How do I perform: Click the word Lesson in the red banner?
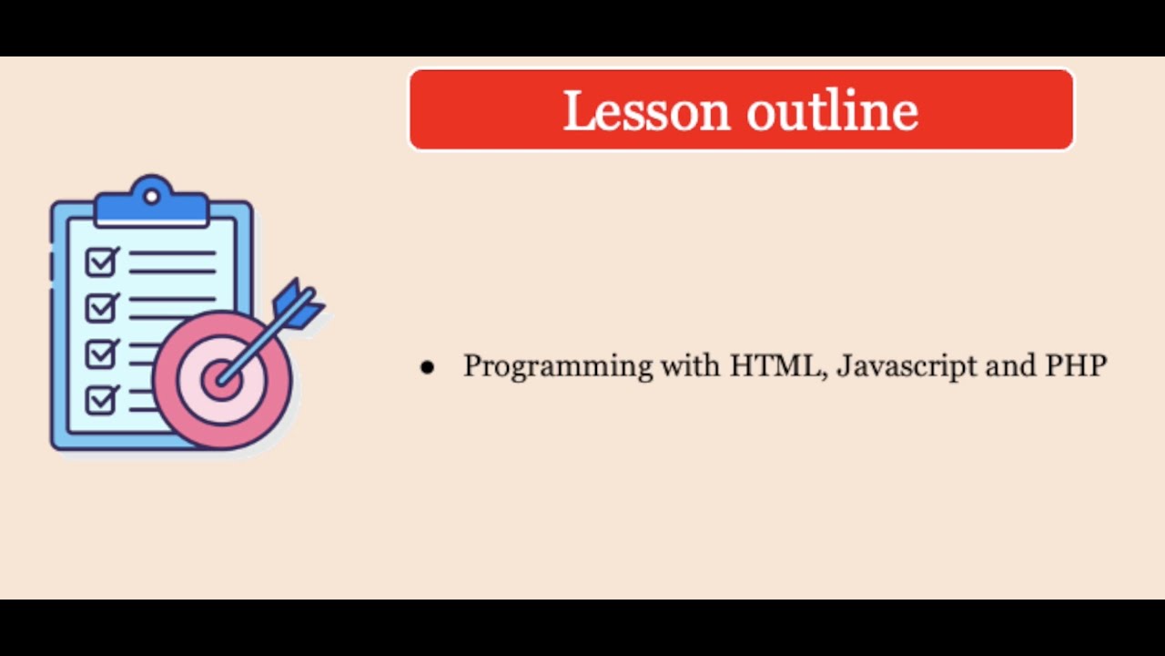(x=646, y=111)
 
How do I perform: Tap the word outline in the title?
(x=832, y=111)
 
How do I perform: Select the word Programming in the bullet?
(x=558, y=366)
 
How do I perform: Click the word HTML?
(x=776, y=365)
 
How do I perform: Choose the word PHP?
(x=1076, y=365)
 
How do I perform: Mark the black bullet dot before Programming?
(x=427, y=367)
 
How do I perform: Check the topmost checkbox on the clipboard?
(x=101, y=262)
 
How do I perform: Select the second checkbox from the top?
(x=101, y=307)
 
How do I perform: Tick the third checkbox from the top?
(x=101, y=353)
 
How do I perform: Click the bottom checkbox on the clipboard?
(x=101, y=398)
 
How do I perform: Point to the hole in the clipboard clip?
(x=151, y=194)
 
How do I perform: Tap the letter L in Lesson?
(x=578, y=111)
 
